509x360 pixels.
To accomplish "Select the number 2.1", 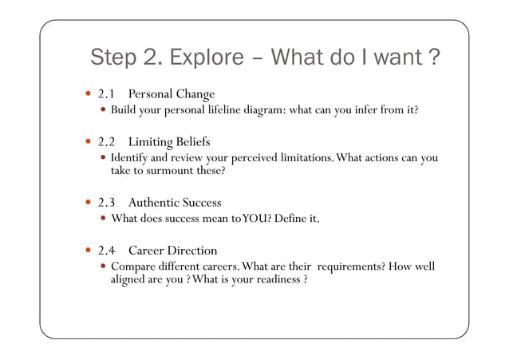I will (107, 94).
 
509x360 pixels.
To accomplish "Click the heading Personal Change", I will (172, 94).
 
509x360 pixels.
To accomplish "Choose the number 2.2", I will (108, 142).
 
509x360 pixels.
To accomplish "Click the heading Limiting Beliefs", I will (169, 142).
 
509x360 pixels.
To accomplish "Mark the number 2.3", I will (108, 203).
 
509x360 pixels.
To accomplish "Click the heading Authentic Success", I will (175, 203).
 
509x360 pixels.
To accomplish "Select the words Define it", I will (296, 218).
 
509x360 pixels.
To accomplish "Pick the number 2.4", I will (108, 251).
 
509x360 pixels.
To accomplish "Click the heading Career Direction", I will (172, 251).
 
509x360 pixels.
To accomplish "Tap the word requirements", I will (345, 266).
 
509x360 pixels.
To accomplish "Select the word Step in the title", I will (117, 59).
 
